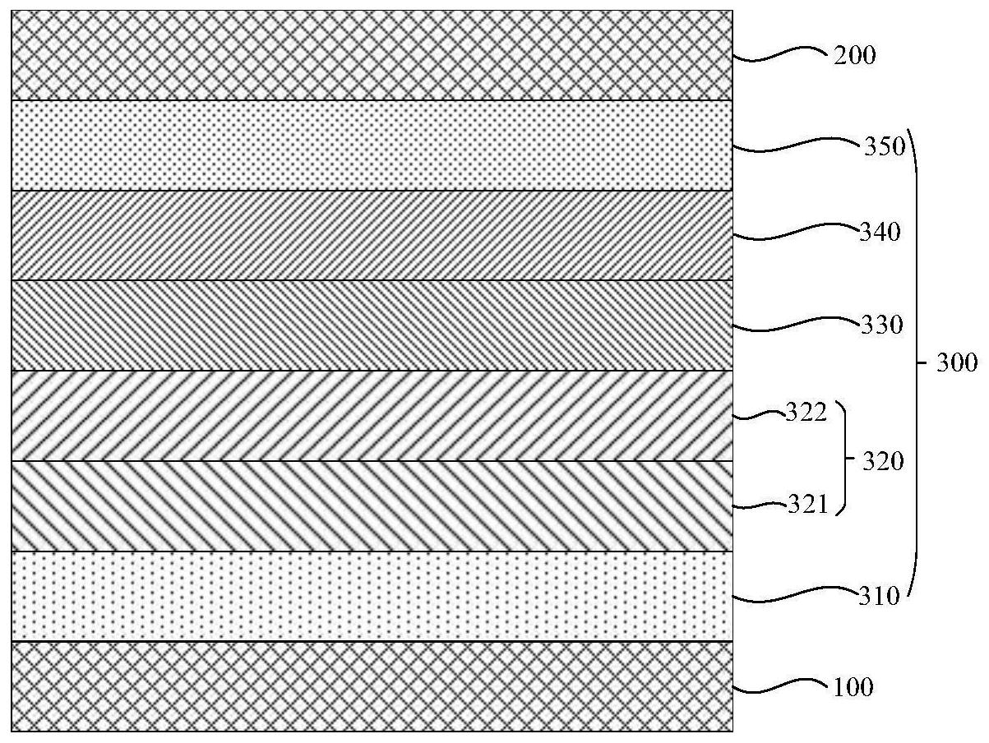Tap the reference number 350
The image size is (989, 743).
[x=885, y=147]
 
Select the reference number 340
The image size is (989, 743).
[x=880, y=233]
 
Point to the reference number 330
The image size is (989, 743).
[x=882, y=325]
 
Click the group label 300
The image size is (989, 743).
[x=957, y=362]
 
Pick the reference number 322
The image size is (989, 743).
[x=806, y=412]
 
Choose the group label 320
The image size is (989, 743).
[x=883, y=462]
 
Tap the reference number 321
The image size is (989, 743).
[x=807, y=505]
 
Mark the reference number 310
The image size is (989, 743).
[x=879, y=597]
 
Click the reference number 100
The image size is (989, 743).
[x=853, y=688]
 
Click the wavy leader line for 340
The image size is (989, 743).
[x=796, y=232]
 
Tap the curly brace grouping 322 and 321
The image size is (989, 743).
[x=843, y=457]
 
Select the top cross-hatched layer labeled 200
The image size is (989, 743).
[x=372, y=55]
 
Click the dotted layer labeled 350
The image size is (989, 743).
[x=372, y=145]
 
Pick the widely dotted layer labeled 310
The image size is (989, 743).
[x=372, y=596]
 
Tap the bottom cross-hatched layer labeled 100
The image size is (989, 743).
[x=372, y=686]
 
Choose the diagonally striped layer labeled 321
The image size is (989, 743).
[x=372, y=506]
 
